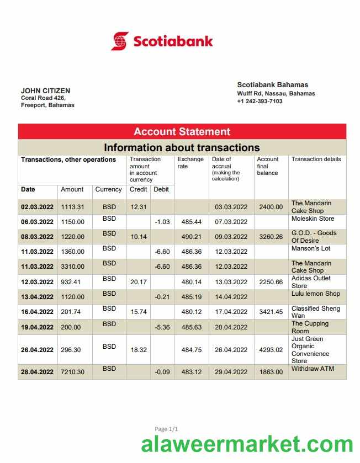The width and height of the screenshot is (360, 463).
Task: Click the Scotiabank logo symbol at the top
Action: pos(120,41)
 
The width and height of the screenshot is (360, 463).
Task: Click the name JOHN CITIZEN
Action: pos(45,91)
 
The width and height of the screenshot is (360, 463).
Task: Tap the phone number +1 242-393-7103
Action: pos(260,102)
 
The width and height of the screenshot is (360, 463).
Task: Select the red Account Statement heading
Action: pos(182,132)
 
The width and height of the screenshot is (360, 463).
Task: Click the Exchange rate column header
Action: pos(190,163)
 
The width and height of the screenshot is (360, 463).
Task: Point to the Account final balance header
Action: pos(268,166)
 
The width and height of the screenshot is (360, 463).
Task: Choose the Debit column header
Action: pos(161,189)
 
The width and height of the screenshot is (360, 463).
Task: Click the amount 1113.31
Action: pos(72,207)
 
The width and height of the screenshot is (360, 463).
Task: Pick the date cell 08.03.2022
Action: pos(37,237)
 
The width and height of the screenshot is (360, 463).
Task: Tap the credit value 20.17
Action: pos(138,282)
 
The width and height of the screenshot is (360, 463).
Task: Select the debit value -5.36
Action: pos(162,327)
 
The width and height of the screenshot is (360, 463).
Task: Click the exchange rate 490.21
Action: pos(191,237)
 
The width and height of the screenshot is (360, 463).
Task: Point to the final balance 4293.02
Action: pos(271,350)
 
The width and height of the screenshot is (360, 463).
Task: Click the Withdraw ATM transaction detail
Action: pos(313,369)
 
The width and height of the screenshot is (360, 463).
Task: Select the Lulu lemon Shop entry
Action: pos(315,294)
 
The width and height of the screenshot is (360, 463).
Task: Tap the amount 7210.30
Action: pos(72,372)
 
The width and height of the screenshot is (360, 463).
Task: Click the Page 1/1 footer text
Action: pos(166,429)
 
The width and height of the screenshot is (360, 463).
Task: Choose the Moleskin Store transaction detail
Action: pos(313,219)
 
